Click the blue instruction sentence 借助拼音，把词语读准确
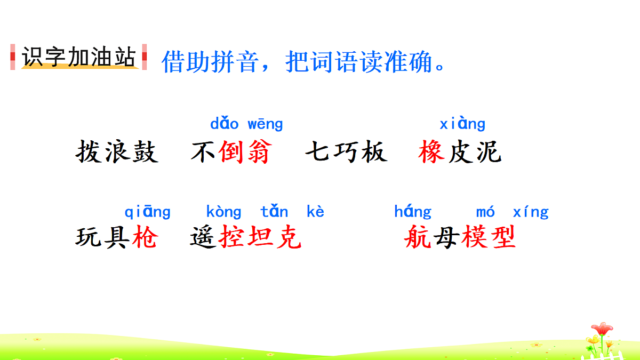(303, 62)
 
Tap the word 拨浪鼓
(117, 153)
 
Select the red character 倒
(231, 153)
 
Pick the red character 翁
(258, 153)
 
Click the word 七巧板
(346, 153)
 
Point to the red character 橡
(432, 153)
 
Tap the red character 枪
(145, 237)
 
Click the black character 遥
(203, 237)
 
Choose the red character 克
(289, 237)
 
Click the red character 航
(418, 237)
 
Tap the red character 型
(502, 237)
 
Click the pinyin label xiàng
(462, 124)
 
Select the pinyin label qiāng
(148, 212)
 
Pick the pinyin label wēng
(265, 125)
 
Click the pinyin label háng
(413, 212)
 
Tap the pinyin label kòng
(223, 212)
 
